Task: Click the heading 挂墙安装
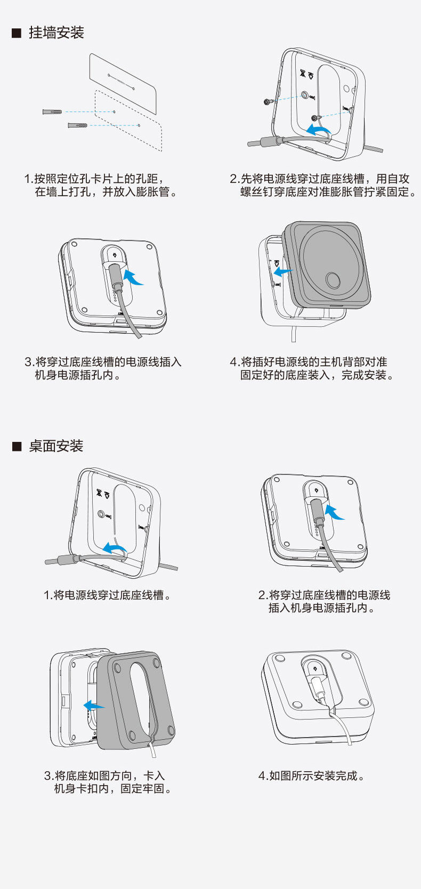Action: coord(56,33)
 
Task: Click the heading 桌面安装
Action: coord(56,446)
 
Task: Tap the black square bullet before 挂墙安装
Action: coord(17,33)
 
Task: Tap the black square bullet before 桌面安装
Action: coord(17,447)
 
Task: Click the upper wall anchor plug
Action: coord(52,111)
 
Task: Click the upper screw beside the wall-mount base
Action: coord(269,102)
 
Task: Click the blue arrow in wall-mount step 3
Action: coord(133,276)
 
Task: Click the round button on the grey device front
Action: coord(333,280)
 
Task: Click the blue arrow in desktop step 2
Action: coord(335,512)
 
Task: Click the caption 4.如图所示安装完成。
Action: coord(311,775)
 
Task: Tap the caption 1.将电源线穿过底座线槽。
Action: coord(107,595)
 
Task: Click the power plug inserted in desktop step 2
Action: coord(318,512)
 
